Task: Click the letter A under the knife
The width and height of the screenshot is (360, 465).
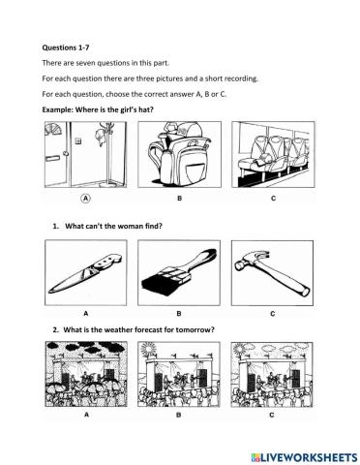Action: [x=85, y=313]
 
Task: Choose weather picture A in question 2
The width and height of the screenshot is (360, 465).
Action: [x=86, y=376]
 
